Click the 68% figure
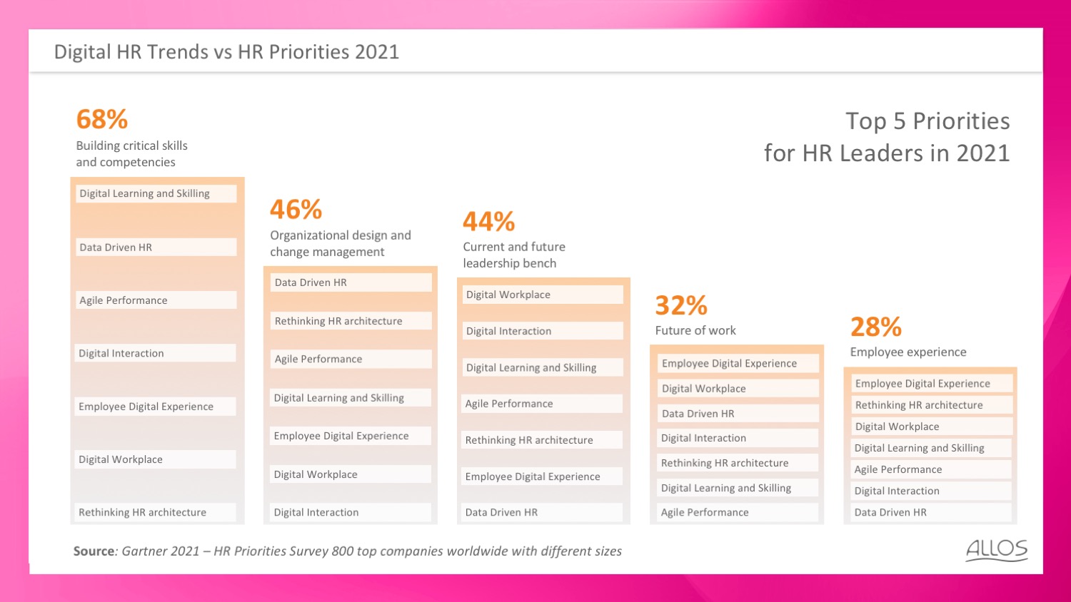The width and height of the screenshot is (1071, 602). tap(102, 119)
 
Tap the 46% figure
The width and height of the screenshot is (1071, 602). tap(296, 209)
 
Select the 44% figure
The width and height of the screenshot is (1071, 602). tap(488, 221)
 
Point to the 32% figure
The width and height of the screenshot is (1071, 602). tap(681, 305)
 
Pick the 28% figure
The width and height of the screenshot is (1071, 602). tap(876, 327)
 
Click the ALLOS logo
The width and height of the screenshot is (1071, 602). tap(997, 551)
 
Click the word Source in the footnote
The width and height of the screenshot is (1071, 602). tap(94, 551)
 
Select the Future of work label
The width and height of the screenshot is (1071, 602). tap(695, 330)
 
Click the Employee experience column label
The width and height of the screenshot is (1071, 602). tap(908, 352)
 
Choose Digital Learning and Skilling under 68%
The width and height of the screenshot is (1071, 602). tap(144, 193)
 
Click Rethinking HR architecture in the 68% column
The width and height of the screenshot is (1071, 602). tap(143, 512)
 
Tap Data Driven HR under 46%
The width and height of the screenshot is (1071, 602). tap(311, 282)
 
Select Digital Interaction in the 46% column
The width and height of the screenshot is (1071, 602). tap(316, 512)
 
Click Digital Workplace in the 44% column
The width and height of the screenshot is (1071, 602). tap(508, 295)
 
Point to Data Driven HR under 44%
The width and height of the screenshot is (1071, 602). tap(501, 512)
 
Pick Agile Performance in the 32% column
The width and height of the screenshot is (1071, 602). tap(705, 512)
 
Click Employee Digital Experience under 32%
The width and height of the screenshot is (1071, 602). tap(729, 364)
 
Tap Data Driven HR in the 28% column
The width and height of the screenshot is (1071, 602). tap(890, 512)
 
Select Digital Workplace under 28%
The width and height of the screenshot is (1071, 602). tap(897, 427)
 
